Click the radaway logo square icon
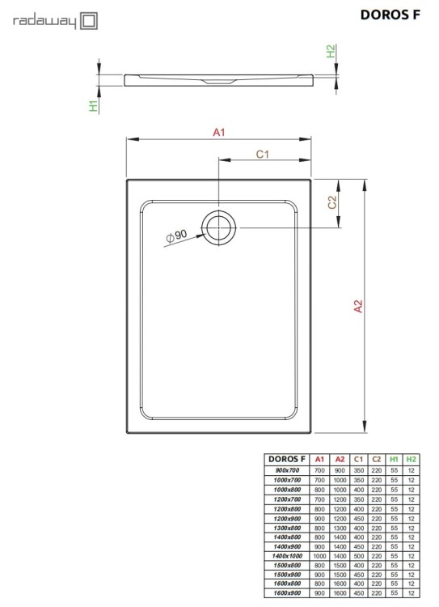89,21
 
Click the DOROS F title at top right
390,15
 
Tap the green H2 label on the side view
331,51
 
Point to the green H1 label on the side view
94,106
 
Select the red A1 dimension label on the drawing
219,133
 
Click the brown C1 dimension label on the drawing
262,155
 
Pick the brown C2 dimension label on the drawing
332,202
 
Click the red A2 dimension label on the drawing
358,306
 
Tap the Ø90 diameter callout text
176,236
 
